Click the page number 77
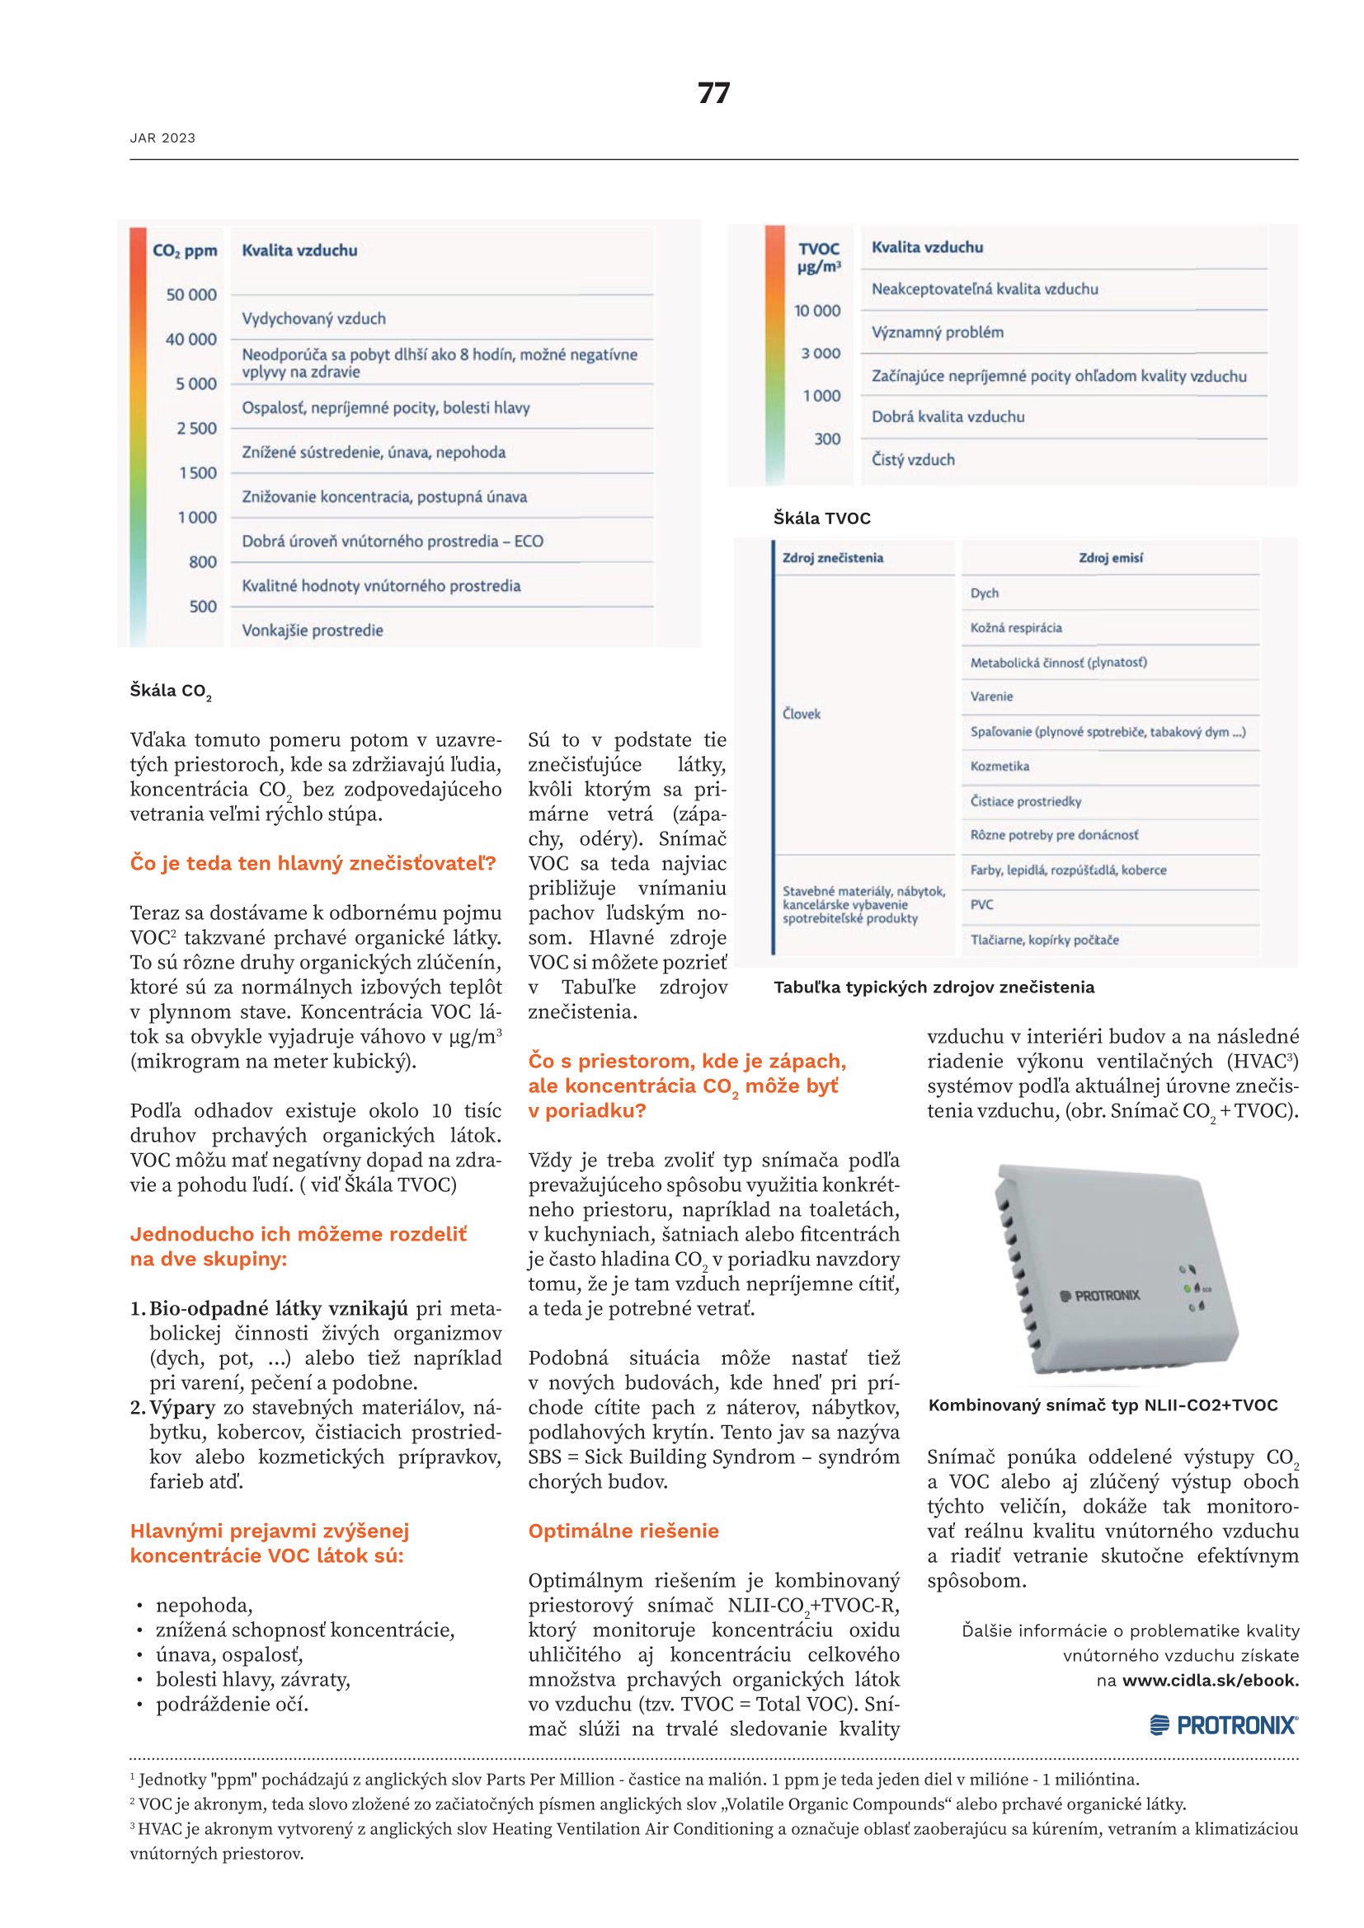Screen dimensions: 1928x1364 713,93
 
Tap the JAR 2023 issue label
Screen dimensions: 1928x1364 162,138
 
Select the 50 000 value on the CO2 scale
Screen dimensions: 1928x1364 190,295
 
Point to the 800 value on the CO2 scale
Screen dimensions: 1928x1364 202,562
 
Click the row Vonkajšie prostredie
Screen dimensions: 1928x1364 313,631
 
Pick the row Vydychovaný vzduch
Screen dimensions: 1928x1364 313,319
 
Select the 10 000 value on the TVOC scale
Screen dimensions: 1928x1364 816,311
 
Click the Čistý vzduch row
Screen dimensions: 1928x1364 913,460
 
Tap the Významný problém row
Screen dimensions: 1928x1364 938,332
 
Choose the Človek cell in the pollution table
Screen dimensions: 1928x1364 802,715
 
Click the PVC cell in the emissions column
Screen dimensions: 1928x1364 982,905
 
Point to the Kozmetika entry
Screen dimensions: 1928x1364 999,767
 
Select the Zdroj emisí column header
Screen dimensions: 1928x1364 1110,558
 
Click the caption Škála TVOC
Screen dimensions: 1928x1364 821,519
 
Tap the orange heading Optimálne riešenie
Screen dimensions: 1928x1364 623,1531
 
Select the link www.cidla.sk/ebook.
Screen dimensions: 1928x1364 1211,1680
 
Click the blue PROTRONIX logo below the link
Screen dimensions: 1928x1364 1223,1725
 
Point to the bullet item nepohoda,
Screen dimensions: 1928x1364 204,1606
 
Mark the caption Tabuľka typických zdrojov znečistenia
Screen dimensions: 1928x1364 934,987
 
